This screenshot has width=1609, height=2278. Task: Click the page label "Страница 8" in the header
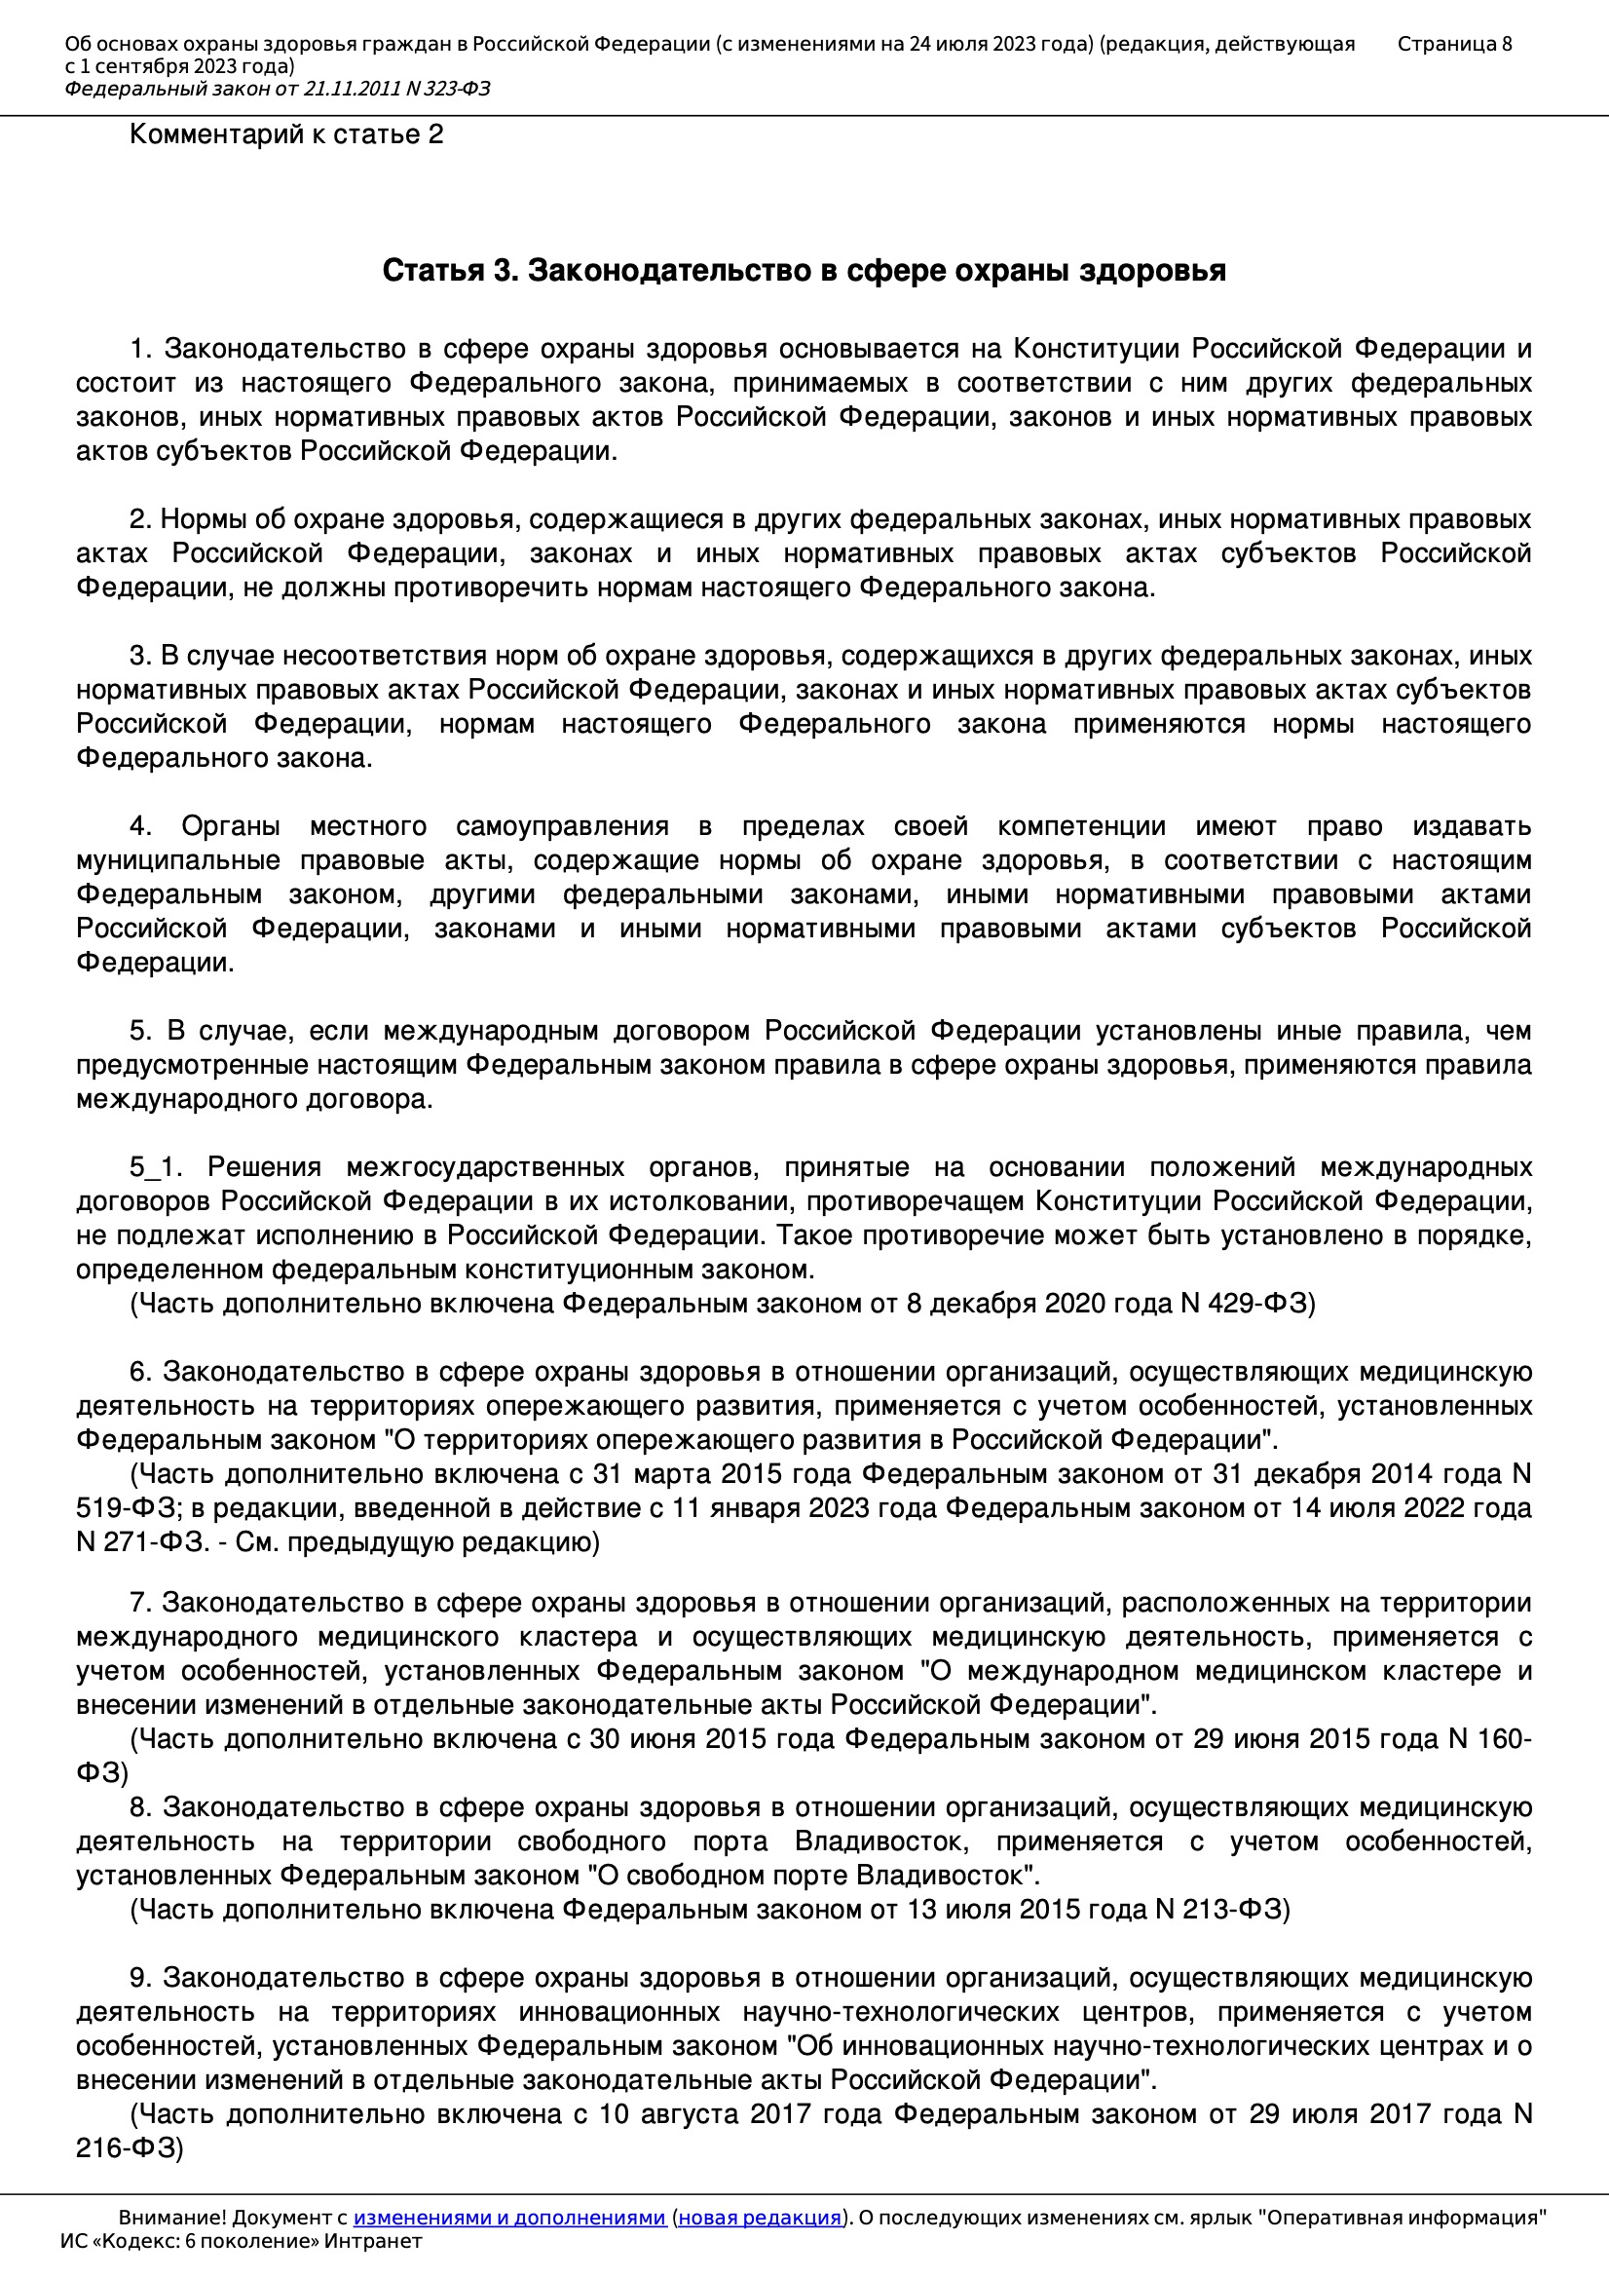(x=1454, y=44)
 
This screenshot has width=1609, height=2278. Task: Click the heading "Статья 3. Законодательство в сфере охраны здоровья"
(x=804, y=271)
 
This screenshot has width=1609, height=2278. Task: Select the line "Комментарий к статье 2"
(x=285, y=134)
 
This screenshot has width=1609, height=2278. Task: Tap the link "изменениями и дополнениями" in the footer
(x=508, y=2218)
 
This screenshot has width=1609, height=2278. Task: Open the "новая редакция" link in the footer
(x=759, y=2218)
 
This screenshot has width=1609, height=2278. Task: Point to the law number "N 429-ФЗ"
(x=1245, y=1304)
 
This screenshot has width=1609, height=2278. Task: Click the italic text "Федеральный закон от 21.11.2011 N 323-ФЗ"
(x=278, y=90)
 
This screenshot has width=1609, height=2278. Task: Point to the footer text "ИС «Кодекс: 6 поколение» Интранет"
(x=241, y=2241)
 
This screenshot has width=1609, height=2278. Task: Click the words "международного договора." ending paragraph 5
(x=254, y=1099)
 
